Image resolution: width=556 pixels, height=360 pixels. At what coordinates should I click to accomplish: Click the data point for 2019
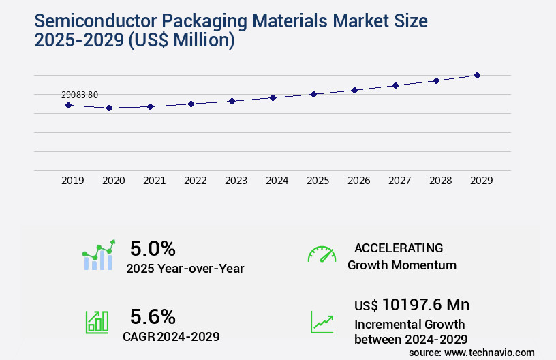click(x=68, y=105)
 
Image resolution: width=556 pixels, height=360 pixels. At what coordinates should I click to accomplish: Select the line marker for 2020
click(x=109, y=108)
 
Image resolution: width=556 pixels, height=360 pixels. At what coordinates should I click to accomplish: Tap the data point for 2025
click(x=313, y=94)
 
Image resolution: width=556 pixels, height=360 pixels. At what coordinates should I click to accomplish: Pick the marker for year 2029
click(x=477, y=75)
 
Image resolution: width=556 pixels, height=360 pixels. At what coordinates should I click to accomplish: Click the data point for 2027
click(x=395, y=85)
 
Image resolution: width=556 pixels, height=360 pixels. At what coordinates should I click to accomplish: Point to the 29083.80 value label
click(x=79, y=95)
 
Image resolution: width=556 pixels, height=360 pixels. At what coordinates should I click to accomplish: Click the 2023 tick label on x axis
click(x=236, y=181)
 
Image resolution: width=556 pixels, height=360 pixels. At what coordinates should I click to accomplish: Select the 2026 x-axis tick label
click(x=358, y=181)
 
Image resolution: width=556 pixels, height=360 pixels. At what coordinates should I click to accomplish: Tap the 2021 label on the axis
click(x=154, y=181)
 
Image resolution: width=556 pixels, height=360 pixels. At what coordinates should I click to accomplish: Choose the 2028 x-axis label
click(x=440, y=181)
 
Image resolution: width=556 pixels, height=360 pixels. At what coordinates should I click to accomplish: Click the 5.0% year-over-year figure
click(x=153, y=248)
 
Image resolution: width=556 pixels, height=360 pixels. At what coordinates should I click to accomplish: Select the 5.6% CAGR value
click(x=153, y=316)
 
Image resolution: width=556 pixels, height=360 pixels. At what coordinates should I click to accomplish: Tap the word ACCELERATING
click(x=399, y=248)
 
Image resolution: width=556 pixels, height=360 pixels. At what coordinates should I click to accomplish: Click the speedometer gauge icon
click(x=322, y=254)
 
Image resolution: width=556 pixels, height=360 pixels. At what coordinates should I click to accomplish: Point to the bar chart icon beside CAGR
click(x=97, y=322)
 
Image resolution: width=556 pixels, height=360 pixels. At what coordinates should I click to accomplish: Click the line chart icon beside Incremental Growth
click(x=322, y=322)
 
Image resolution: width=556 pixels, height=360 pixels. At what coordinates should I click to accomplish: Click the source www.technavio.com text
click(x=472, y=352)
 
